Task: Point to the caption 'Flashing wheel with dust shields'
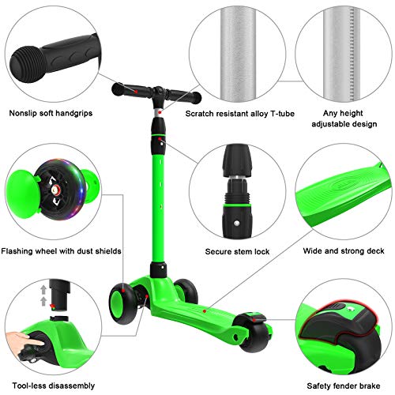click(62, 251)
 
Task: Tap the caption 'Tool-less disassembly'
click(54, 386)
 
